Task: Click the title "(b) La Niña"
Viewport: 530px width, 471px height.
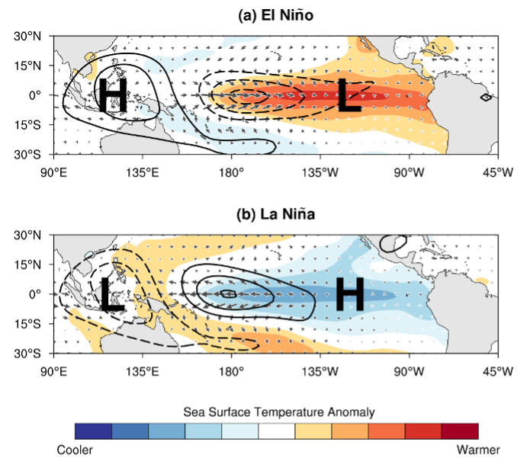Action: (276, 214)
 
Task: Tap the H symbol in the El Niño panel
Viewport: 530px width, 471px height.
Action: (113, 96)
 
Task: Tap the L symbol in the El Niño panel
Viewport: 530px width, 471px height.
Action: (349, 97)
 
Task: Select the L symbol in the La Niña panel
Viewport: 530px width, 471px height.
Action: (112, 295)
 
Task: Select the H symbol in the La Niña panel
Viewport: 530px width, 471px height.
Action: (349, 295)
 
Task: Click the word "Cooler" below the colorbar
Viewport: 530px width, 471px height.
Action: (75, 450)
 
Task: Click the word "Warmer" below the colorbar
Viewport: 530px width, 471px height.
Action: (478, 450)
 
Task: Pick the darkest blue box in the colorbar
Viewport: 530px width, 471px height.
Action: (93, 432)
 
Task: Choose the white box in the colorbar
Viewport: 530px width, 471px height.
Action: (277, 432)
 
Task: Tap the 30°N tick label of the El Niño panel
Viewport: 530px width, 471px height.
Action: (33, 36)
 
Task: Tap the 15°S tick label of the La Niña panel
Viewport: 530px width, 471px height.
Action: (34, 324)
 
